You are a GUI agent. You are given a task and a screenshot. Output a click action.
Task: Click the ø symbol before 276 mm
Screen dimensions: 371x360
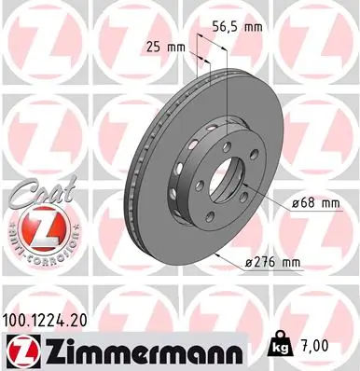click(x=252, y=264)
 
